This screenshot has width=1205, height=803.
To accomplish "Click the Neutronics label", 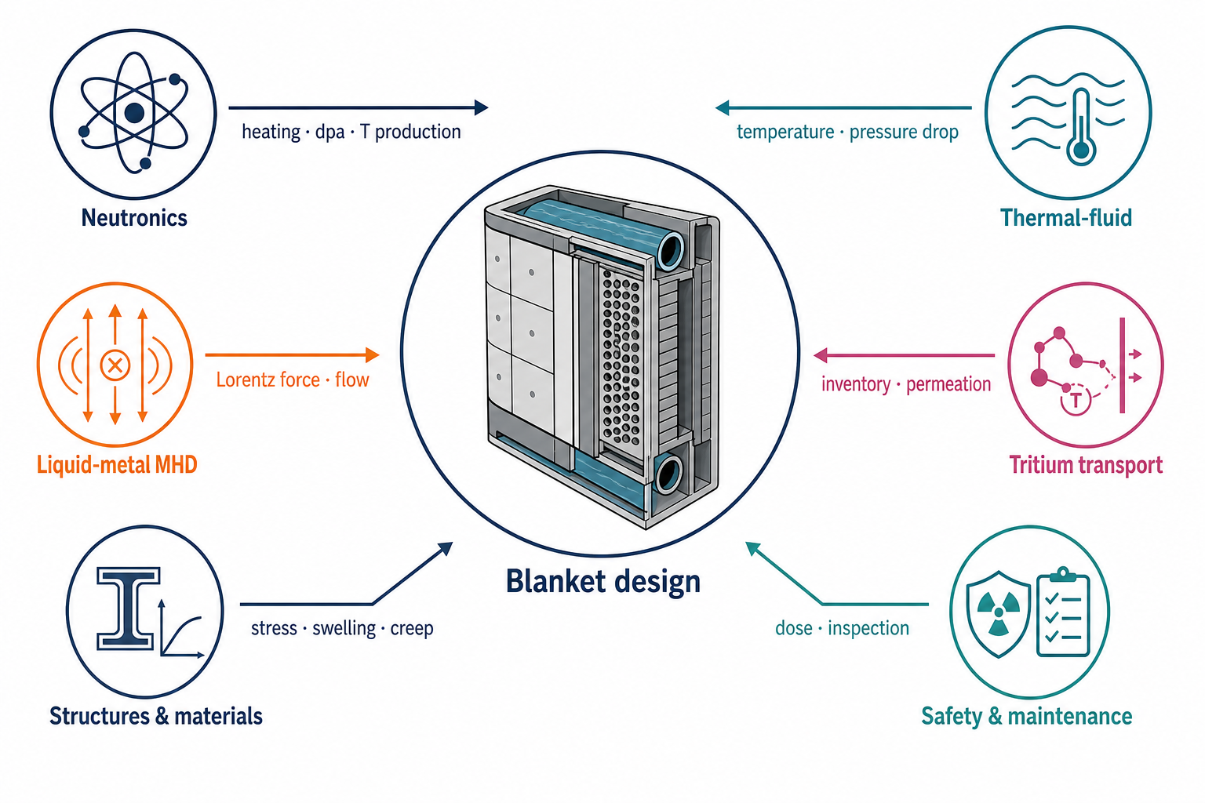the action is (134, 218).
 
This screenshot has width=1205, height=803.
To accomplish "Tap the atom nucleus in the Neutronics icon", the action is (134, 113).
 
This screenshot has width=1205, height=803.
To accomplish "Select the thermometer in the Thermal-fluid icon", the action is (1081, 128).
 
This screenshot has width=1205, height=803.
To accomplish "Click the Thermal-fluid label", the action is (1065, 218).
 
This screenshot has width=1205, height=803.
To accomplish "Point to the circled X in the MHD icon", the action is (115, 365).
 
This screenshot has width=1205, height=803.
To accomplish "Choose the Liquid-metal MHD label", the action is (117, 465).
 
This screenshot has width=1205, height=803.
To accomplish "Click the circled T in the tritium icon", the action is (1076, 400).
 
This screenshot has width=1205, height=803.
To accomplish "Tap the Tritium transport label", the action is (1086, 465).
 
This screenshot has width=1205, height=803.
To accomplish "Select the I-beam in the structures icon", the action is (128, 609).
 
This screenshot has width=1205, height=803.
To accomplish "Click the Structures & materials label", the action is (156, 716).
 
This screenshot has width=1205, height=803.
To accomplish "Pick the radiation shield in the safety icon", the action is (999, 614).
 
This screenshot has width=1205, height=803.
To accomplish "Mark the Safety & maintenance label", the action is (1026, 716).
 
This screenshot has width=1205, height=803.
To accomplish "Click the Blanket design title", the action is (603, 582).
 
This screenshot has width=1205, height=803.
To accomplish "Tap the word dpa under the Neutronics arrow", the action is (329, 133).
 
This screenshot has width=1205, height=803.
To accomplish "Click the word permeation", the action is (948, 384).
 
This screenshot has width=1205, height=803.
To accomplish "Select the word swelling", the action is (344, 628).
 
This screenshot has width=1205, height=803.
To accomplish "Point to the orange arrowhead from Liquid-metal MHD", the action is (373, 355).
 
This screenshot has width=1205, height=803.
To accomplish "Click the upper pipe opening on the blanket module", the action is (671, 250).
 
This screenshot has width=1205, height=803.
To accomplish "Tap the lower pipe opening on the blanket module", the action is (668, 474).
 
